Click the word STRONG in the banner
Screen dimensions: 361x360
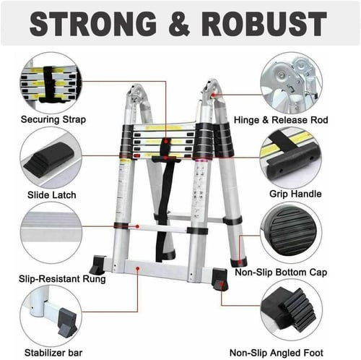click(92, 24)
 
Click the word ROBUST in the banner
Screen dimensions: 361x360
click(264, 24)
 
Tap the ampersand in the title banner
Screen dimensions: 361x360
click(179, 24)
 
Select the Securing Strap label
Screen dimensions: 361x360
click(53, 119)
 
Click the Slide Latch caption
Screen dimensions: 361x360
click(52, 194)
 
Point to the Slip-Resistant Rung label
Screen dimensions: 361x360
click(62, 279)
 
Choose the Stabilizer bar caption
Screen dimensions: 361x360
click(53, 353)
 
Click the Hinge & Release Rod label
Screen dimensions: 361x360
click(281, 120)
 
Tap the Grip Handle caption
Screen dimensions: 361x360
click(295, 194)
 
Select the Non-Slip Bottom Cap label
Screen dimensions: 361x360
click(281, 273)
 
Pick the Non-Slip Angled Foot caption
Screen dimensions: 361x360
click(277, 353)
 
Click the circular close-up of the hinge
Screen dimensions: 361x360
click(291, 83)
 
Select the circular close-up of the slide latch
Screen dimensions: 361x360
click(51, 158)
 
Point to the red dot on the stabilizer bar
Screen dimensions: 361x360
click(137, 268)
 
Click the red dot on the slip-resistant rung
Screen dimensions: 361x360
click(137, 226)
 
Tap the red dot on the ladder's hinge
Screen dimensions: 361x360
click(213, 95)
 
